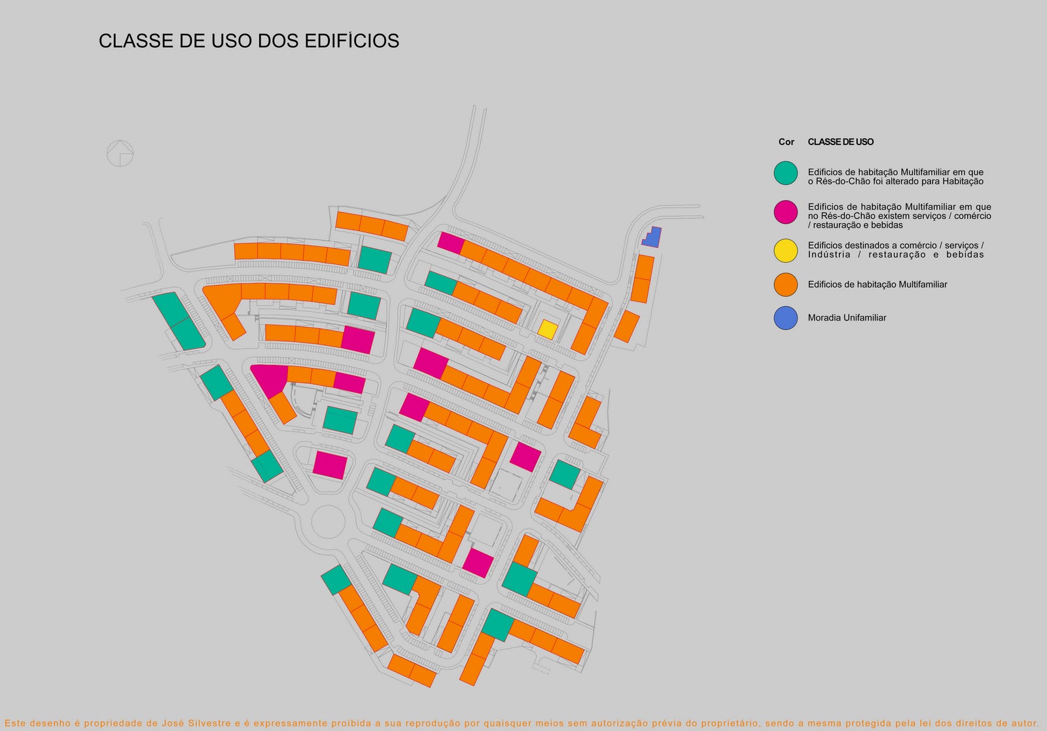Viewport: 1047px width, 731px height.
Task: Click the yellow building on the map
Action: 548,329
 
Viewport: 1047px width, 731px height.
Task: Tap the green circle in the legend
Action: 785,173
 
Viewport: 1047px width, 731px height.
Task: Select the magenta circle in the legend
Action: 785,212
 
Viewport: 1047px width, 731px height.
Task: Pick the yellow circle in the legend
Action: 785,250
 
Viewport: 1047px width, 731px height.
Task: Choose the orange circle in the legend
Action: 785,284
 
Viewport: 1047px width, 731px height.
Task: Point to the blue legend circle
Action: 785,318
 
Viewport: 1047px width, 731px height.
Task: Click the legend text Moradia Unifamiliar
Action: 847,318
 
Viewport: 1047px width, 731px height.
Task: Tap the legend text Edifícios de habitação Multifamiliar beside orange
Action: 877,284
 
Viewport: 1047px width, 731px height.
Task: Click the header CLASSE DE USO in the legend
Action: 840,142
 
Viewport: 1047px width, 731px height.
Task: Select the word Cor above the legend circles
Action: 786,142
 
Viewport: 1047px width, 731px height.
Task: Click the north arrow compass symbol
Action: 120,154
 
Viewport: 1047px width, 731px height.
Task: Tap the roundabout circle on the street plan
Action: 328,522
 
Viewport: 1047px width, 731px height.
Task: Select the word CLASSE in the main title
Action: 130,41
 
